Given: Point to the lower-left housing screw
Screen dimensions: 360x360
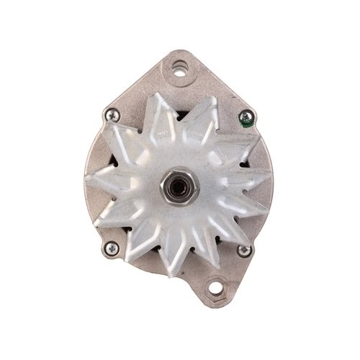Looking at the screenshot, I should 111,248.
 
